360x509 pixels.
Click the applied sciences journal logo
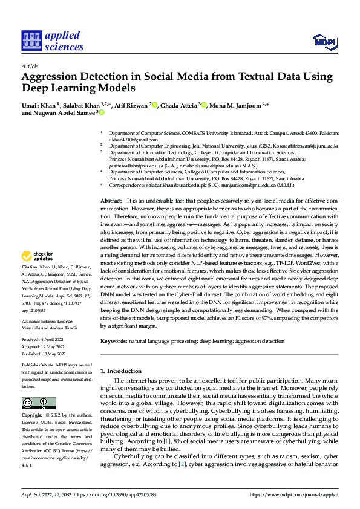(x=53, y=41)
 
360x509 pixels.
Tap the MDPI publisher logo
(x=324, y=41)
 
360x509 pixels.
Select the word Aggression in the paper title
(x=51, y=77)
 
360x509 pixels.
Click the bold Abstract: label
(x=111, y=200)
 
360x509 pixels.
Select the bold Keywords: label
(x=114, y=341)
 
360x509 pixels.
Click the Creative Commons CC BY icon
(x=38, y=403)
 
